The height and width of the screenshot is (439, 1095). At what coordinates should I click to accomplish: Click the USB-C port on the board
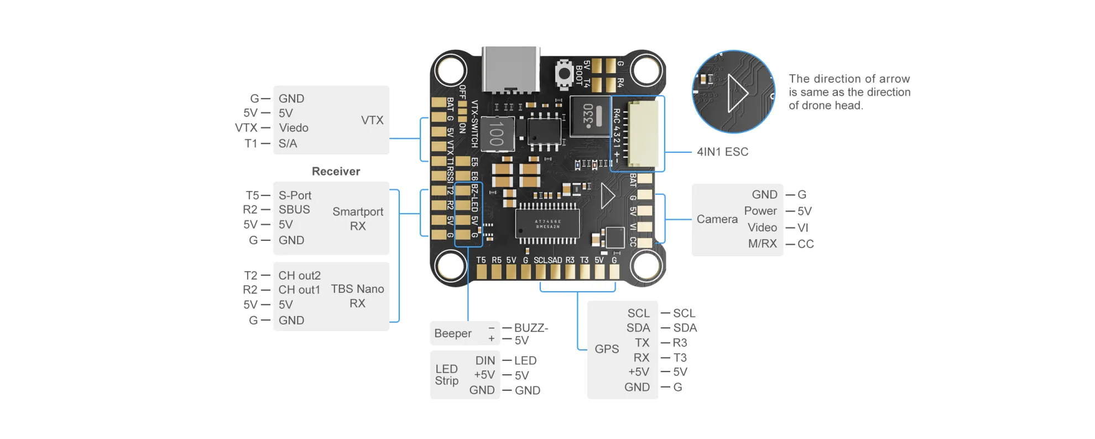pyautogui.click(x=511, y=69)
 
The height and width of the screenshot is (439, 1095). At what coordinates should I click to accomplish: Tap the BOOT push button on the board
pyautogui.click(x=564, y=74)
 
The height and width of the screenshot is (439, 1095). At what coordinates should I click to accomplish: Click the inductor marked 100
pyautogui.click(x=497, y=133)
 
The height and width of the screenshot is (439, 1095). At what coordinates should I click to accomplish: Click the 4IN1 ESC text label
pyautogui.click(x=722, y=152)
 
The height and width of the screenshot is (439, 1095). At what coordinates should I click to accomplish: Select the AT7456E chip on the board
pyautogui.click(x=548, y=224)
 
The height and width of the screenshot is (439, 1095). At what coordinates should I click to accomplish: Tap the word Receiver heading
pyautogui.click(x=336, y=171)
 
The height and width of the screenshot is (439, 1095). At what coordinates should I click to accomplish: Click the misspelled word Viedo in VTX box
pyautogui.click(x=293, y=128)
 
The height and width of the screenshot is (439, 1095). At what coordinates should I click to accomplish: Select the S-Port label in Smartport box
pyautogui.click(x=295, y=195)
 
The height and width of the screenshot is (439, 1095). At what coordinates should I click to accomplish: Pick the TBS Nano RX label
pyautogui.click(x=357, y=296)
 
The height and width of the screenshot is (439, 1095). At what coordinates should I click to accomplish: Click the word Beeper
pyautogui.click(x=453, y=333)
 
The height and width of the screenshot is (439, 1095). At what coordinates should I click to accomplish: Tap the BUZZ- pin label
pyautogui.click(x=531, y=328)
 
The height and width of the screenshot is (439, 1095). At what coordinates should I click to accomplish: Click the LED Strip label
pyautogui.click(x=447, y=375)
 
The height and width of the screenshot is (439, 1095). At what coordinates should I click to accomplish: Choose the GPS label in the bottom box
pyautogui.click(x=607, y=349)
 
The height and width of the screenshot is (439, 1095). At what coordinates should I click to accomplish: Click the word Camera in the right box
pyautogui.click(x=717, y=219)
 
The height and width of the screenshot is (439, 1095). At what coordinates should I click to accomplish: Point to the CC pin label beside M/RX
pyautogui.click(x=805, y=244)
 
